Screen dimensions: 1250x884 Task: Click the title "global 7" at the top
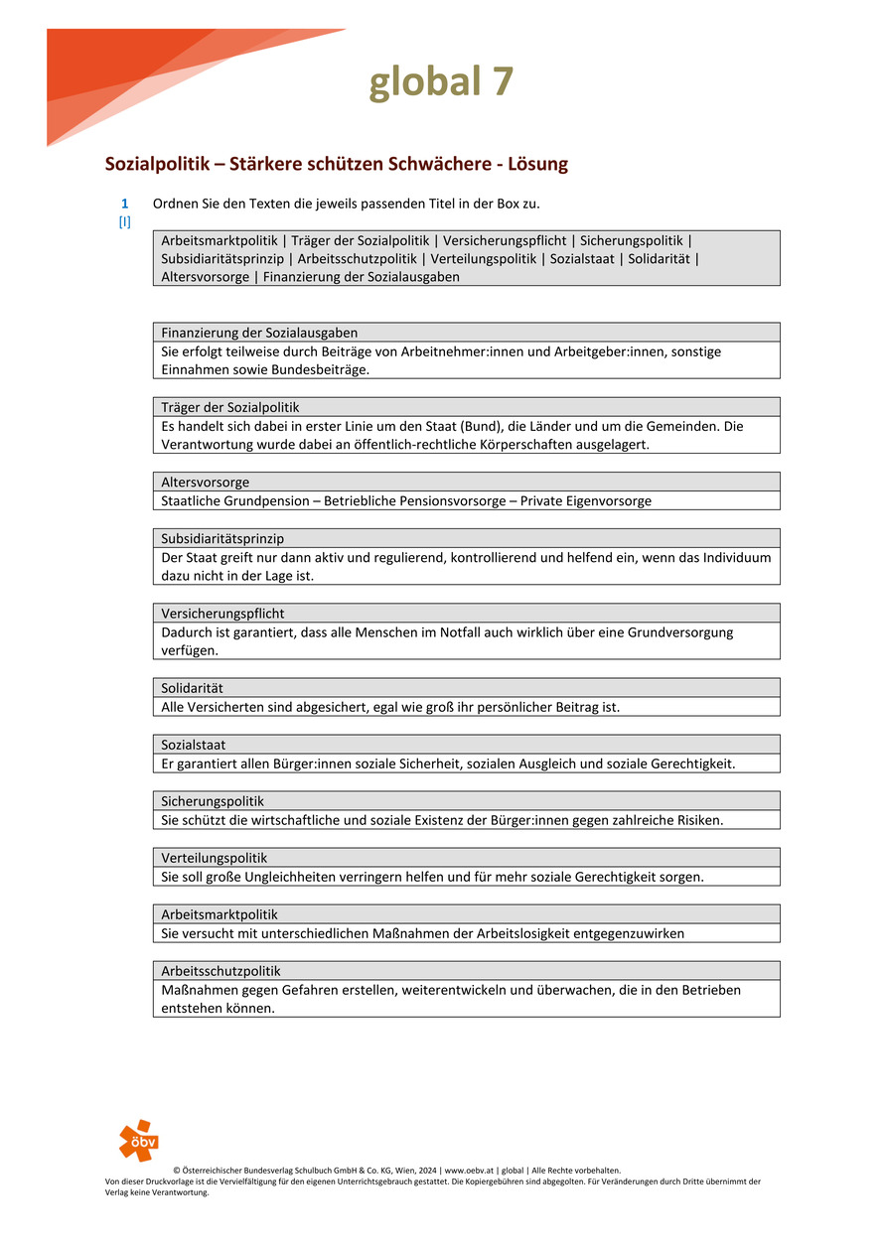pos(442,82)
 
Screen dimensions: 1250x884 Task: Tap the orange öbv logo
pos(138,1140)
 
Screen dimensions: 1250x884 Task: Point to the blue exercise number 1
pos(125,204)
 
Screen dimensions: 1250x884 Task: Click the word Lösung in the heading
pos(534,164)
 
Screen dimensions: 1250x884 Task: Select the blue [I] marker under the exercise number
pos(125,222)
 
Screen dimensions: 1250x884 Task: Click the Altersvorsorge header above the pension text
pos(206,483)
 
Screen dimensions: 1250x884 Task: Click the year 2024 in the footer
pos(427,1171)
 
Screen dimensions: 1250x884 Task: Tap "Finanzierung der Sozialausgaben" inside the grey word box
pos(362,277)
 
